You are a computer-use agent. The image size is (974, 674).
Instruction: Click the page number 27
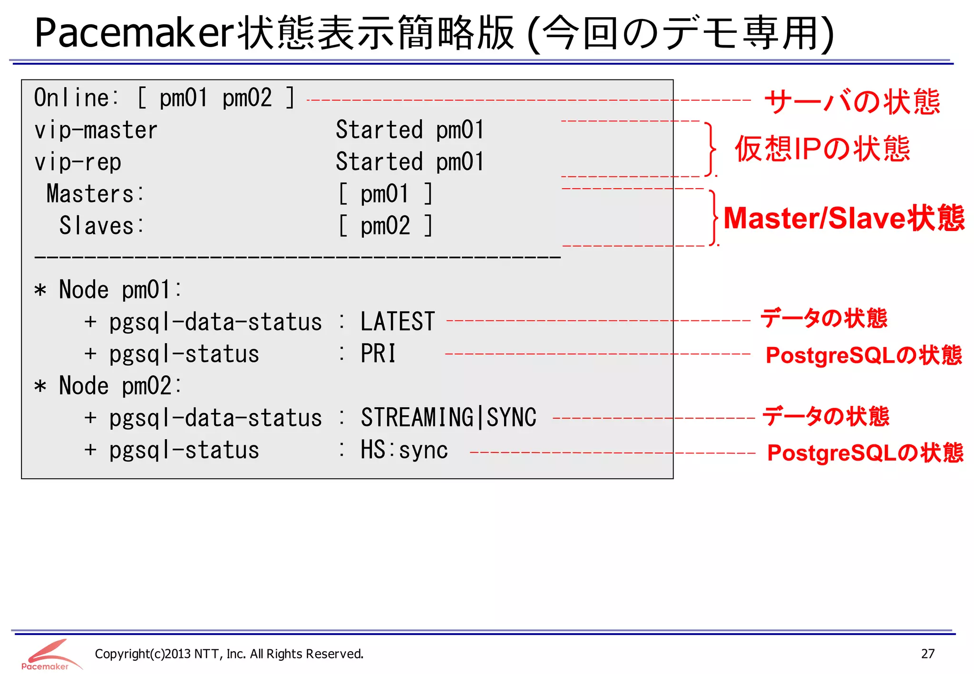click(x=927, y=654)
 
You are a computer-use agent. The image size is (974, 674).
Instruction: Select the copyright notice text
click(x=229, y=654)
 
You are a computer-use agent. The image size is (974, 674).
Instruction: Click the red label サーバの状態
click(x=852, y=101)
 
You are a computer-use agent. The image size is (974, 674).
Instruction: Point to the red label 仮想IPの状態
click(x=822, y=149)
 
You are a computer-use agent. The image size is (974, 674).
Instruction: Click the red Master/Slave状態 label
click(x=844, y=218)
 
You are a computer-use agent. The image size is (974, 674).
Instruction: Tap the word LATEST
click(x=398, y=322)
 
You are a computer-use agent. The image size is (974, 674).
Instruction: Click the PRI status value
click(x=378, y=354)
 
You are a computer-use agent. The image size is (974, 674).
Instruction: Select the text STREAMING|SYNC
click(x=448, y=418)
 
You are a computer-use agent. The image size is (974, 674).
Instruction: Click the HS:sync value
click(x=404, y=450)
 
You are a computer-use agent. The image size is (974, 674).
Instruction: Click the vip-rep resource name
click(x=78, y=162)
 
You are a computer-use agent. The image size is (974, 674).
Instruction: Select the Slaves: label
click(x=101, y=226)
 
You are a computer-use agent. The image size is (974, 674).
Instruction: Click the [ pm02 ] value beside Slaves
click(x=385, y=226)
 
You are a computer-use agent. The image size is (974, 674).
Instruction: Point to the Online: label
click(x=77, y=98)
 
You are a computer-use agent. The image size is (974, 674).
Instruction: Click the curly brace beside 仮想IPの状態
click(x=711, y=149)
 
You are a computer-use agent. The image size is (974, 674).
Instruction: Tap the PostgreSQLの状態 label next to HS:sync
click(x=865, y=453)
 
